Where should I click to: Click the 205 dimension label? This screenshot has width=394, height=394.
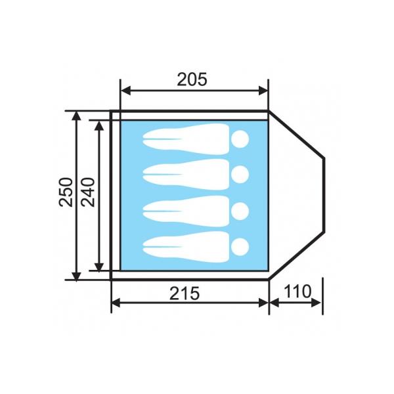pos(192,79)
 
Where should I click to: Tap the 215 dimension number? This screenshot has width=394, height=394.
pos(185,294)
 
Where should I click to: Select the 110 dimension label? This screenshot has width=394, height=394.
pos(297,291)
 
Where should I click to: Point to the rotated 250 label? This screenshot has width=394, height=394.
pos(66,192)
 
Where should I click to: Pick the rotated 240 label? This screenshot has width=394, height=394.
pos(88,192)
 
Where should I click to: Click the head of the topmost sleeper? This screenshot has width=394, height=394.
pos(240,139)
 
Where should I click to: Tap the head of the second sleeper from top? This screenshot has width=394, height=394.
pos(240,174)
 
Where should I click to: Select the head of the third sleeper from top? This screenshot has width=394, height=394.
pos(240,211)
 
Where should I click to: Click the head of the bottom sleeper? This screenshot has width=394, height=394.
pos(240,246)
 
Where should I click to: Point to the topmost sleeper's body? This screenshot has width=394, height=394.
pos(186,139)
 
